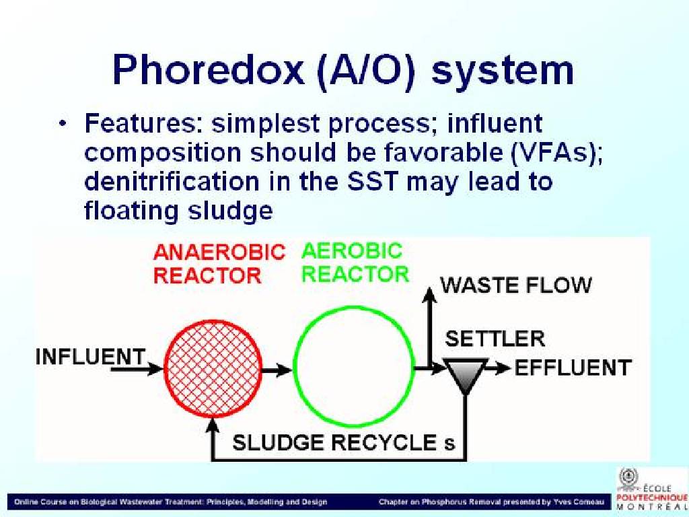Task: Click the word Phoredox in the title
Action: click(208, 69)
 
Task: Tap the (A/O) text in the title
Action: click(365, 70)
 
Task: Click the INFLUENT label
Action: click(90, 356)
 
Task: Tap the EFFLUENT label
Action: click(573, 368)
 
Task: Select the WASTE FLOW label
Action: click(516, 285)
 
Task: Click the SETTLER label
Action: click(495, 339)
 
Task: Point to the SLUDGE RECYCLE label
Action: click(344, 442)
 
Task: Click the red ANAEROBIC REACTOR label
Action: click(219, 264)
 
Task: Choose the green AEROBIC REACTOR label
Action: click(355, 263)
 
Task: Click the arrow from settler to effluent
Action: click(499, 368)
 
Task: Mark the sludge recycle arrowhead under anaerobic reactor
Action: click(213, 424)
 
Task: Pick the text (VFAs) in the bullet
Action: click(556, 153)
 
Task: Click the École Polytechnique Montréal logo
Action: click(651, 489)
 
